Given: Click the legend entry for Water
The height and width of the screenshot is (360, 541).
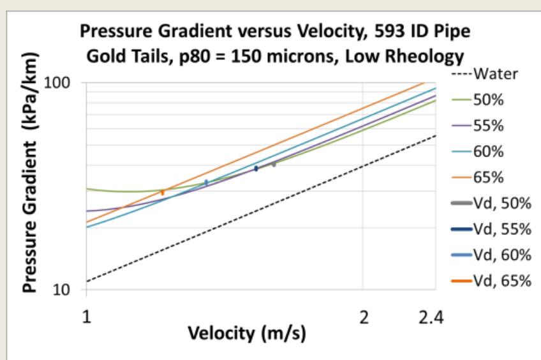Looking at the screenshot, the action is point(485,74).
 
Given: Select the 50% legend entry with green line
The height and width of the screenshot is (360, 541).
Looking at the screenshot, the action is point(477,100).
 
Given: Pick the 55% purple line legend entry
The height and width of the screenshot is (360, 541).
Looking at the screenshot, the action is point(477,126).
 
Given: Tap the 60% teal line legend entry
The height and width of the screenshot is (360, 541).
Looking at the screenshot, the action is point(477,151).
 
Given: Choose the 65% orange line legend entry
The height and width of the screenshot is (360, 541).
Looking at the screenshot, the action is point(477,177).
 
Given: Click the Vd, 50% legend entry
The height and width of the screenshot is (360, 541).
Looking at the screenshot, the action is point(491,204).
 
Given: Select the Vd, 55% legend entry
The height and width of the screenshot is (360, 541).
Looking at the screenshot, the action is point(491,229).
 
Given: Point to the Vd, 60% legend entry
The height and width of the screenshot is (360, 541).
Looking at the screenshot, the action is point(491,255).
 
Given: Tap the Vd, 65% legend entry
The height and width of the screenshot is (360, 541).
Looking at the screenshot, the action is point(491,281).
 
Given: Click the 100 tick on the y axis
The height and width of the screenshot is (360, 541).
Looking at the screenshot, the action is point(57,83).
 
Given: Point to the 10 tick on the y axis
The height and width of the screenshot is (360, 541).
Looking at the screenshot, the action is point(61,290).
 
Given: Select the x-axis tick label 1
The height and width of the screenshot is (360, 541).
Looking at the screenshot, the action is point(87,316).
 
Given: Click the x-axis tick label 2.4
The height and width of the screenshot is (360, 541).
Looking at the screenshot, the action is point(431,317).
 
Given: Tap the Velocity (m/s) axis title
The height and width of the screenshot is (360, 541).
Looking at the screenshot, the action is point(247,334).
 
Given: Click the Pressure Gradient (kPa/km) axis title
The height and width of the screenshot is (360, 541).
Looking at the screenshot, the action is point(30,172).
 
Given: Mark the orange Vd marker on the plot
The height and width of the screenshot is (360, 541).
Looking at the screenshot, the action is point(163,192).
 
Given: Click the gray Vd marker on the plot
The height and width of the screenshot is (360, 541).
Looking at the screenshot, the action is point(274,164).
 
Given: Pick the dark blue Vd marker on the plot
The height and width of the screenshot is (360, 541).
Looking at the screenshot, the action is point(256,169).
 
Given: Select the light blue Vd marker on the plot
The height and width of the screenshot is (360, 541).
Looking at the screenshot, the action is point(206,183).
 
